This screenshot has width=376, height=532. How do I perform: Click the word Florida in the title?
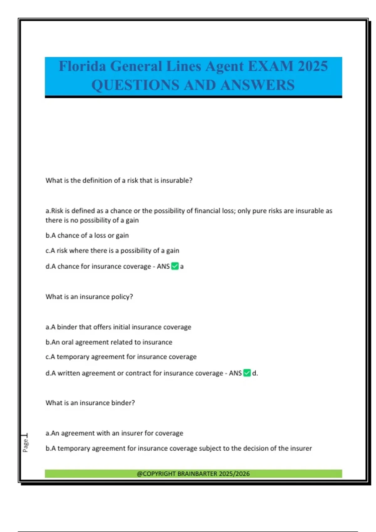[82, 66]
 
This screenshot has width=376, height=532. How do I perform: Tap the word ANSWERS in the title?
[258, 85]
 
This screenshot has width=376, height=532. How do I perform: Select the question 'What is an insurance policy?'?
[89, 297]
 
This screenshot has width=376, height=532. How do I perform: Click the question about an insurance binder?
[90, 403]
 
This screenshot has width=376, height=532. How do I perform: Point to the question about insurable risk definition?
[119, 181]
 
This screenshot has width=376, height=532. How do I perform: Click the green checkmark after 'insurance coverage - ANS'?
[175, 266]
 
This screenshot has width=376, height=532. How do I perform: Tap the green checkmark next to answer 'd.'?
[247, 373]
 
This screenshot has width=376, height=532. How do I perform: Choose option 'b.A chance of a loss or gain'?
[87, 235]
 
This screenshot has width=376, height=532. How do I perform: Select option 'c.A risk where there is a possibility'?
[112, 251]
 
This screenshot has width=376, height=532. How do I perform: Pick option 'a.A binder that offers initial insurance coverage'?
[118, 327]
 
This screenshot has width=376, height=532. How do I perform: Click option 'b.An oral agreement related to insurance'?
[109, 342]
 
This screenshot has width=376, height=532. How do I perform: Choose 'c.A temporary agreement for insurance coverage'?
[121, 357]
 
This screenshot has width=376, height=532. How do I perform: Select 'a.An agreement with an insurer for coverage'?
[114, 433]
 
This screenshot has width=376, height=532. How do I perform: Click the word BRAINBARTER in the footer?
[197, 474]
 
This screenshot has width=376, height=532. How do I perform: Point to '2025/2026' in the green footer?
[234, 474]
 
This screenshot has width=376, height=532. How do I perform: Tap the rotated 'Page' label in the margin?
[25, 445]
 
